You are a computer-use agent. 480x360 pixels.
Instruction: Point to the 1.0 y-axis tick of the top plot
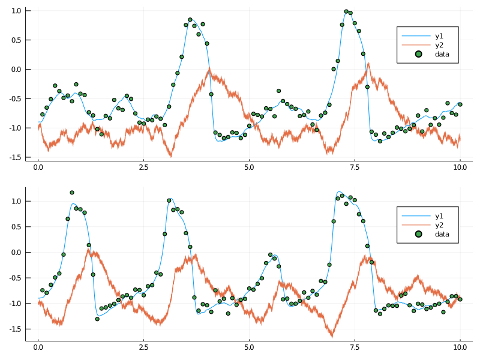(x=16, y=11)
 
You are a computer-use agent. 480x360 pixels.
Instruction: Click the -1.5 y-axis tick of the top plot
(x=14, y=157)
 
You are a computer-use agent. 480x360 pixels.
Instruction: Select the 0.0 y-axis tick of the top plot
(x=16, y=70)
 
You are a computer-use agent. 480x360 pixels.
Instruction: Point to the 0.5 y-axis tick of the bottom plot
(x=16, y=227)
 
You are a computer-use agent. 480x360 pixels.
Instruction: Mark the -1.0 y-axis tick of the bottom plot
(x=14, y=304)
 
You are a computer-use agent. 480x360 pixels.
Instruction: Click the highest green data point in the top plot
(x=346, y=11)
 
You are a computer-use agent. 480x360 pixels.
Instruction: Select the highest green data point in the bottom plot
(x=72, y=193)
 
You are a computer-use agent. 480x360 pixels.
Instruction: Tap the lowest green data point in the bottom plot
(x=97, y=319)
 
